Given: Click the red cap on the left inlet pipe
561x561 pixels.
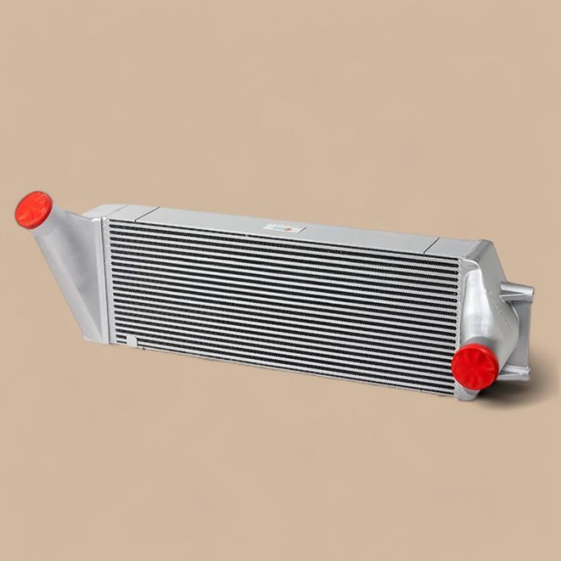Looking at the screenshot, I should (34, 209).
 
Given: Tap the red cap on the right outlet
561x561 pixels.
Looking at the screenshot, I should (474, 366).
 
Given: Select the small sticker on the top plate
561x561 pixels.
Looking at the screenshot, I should (284, 228).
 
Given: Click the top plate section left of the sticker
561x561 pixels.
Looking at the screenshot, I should (208, 220).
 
